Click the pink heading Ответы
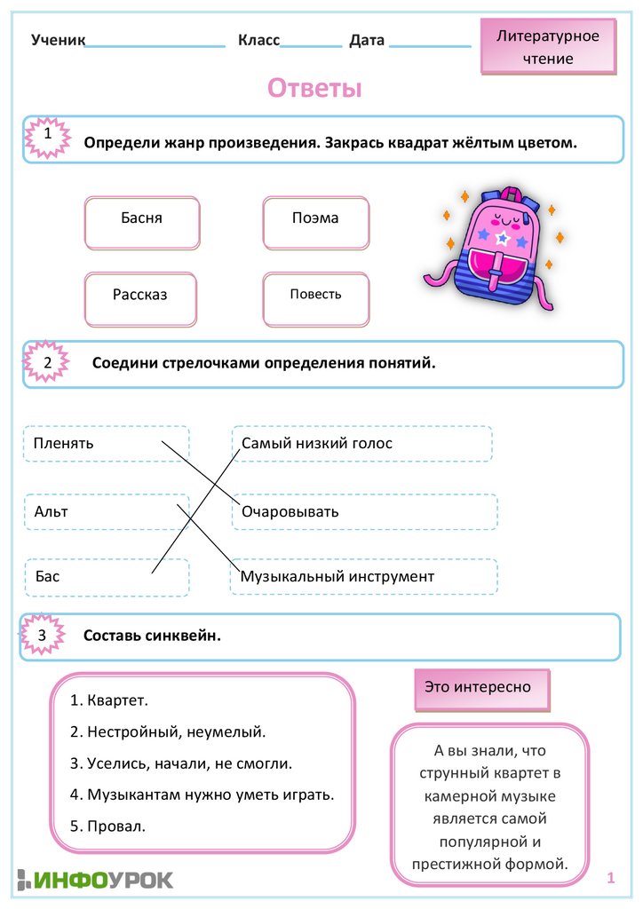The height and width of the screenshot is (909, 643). pyautogui.click(x=315, y=89)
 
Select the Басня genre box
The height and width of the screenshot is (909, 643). pyautogui.click(x=142, y=223)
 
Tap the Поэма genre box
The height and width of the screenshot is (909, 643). pyautogui.click(x=315, y=223)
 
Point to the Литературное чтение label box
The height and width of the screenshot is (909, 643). pyautogui.click(x=548, y=47)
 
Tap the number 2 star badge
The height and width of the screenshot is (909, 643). pyautogui.click(x=47, y=362)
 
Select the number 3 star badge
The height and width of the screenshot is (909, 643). pyautogui.click(x=42, y=636)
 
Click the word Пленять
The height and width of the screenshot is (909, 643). pyautogui.click(x=64, y=443)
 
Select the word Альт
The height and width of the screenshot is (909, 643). pyautogui.click(x=52, y=512)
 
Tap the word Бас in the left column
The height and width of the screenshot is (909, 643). pyautogui.click(x=48, y=577)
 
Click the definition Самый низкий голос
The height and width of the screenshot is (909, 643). pyautogui.click(x=317, y=443)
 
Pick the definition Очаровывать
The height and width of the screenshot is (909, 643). pyautogui.click(x=290, y=512)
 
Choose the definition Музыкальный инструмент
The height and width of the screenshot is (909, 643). pyautogui.click(x=337, y=577)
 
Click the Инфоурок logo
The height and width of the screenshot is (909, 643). pyautogui.click(x=94, y=880)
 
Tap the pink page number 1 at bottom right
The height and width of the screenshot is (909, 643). pyautogui.click(x=611, y=878)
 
